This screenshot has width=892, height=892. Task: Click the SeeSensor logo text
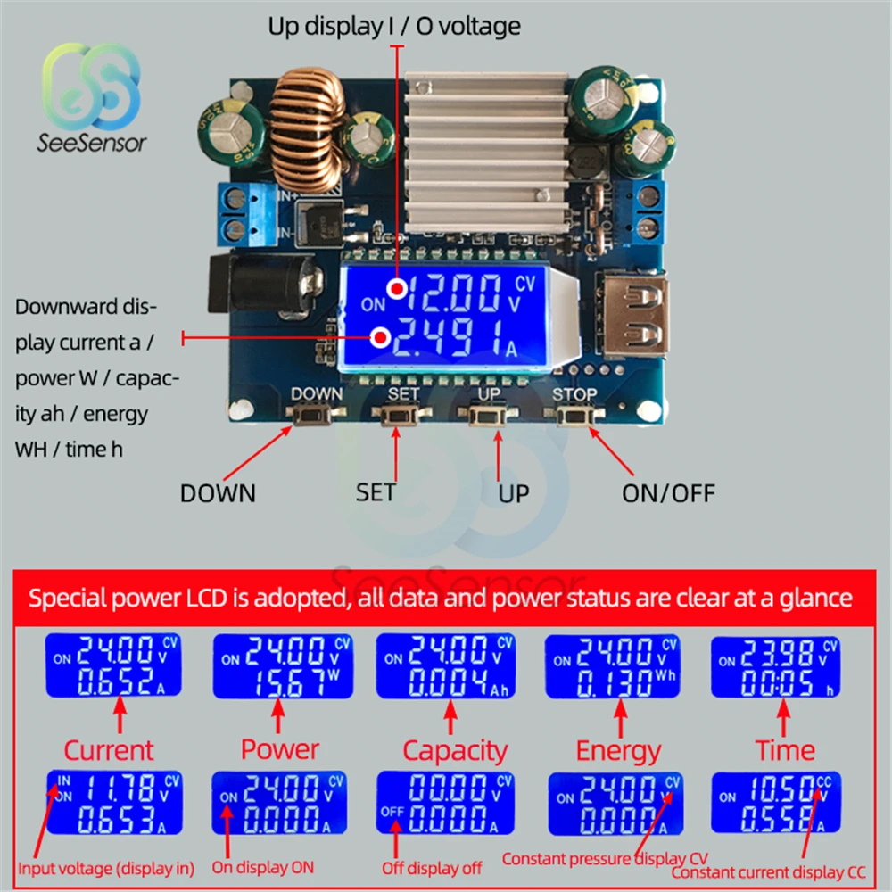point(92,143)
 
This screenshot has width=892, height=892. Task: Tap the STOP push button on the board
point(574,416)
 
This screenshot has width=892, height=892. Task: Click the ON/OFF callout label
point(668,492)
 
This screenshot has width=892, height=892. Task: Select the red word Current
point(109,750)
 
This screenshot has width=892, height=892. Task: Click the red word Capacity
point(455,750)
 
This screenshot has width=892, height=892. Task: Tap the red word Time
point(785,750)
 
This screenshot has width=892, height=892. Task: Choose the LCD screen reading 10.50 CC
point(776,802)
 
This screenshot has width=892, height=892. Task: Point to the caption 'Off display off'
point(432,868)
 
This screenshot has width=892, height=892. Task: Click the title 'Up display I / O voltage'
point(394,27)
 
